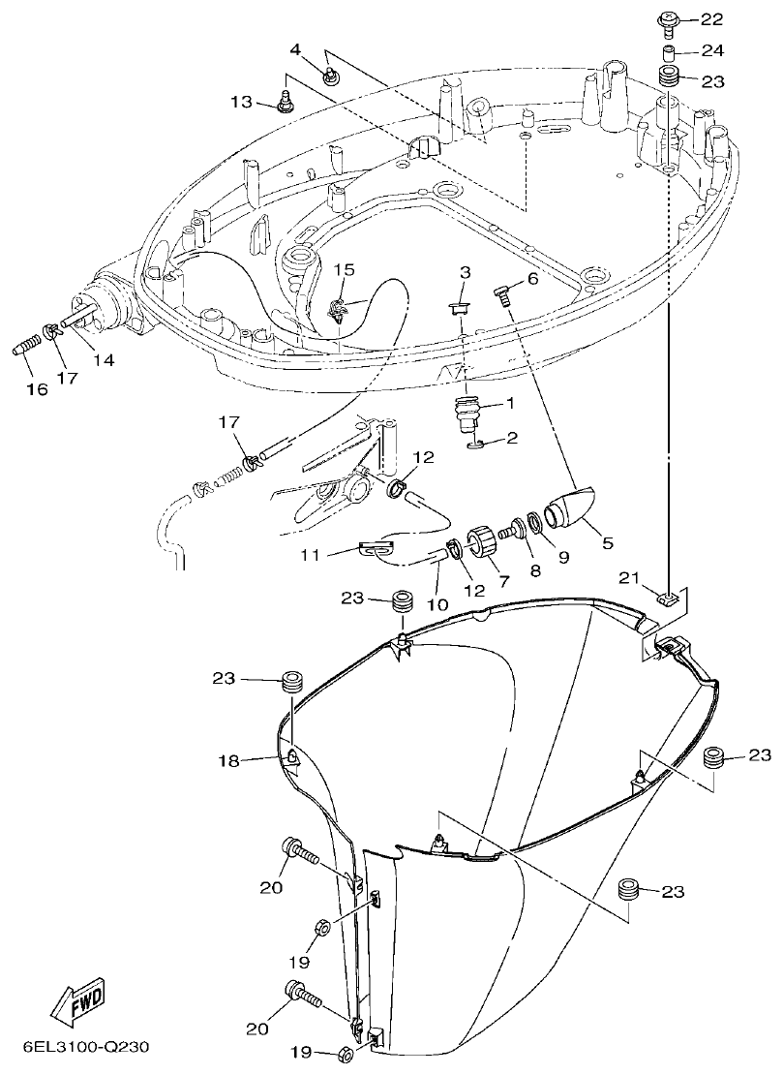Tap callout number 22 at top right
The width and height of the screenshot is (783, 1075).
[710, 18]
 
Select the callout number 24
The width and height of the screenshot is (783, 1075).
[711, 50]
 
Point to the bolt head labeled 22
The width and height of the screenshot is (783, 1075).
[667, 17]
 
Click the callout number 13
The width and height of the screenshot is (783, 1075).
[240, 102]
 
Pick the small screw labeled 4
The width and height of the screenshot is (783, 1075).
[330, 73]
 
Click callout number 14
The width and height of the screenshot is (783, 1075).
[103, 359]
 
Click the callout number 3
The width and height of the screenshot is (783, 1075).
[465, 272]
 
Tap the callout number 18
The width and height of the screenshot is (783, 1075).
[227, 762]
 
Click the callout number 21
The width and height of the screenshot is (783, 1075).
[629, 578]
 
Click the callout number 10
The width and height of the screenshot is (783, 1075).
[437, 604]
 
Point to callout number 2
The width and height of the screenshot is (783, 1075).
[511, 438]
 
